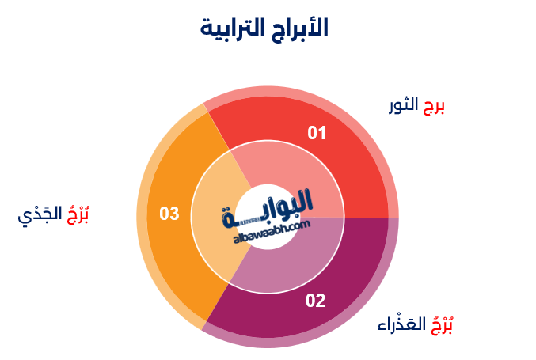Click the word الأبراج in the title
[299, 28]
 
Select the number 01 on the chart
[317, 133]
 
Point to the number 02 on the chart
[315, 301]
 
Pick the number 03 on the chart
[169, 214]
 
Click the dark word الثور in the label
[404, 106]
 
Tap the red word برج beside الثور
[433, 106]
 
